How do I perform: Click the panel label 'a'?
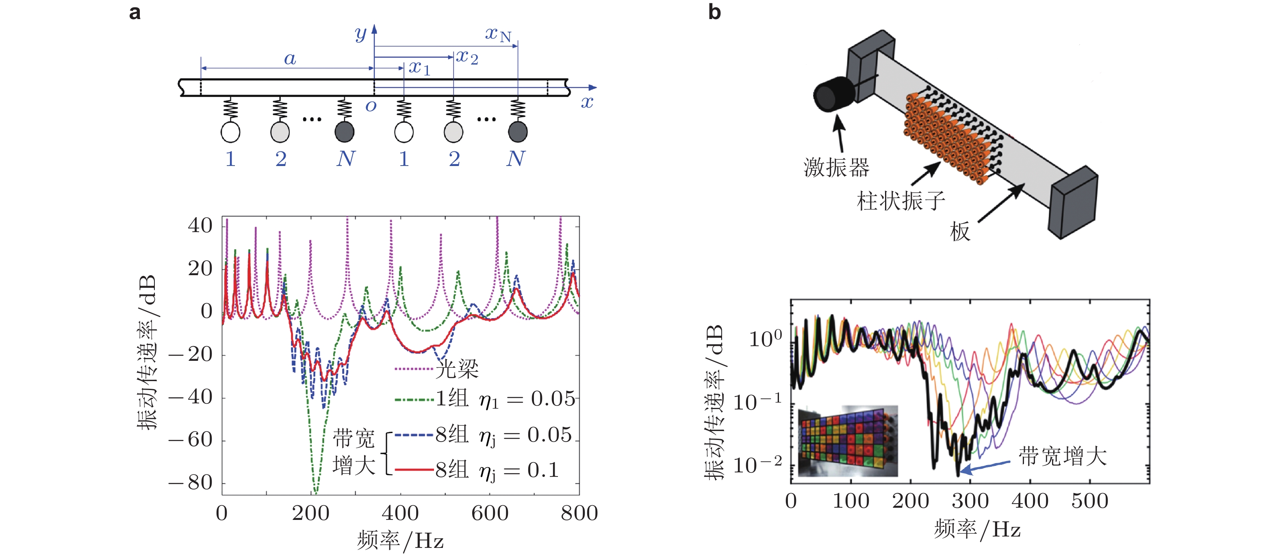(x=134, y=13)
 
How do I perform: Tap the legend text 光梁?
(x=457, y=369)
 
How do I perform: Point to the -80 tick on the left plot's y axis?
(x=191, y=483)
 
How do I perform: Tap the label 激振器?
(x=836, y=168)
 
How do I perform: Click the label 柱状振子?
(x=900, y=201)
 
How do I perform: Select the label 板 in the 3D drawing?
(x=960, y=232)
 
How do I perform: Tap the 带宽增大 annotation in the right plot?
(x=1062, y=456)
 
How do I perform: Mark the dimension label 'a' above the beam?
(x=290, y=59)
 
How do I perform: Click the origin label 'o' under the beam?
(x=371, y=106)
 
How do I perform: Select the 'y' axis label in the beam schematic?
(x=360, y=33)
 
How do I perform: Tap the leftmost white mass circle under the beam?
(x=230, y=132)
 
